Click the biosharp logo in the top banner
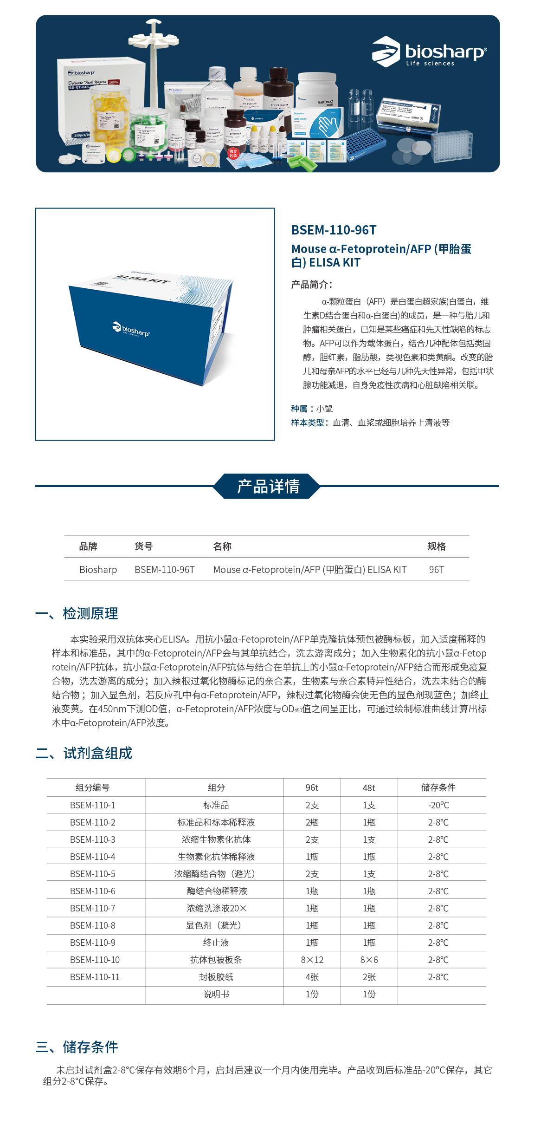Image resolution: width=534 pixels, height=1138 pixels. point(429,52)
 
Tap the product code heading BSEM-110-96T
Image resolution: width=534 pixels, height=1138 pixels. point(334,230)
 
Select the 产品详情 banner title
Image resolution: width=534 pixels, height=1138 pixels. point(268,486)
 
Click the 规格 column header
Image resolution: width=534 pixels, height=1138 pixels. point(436,546)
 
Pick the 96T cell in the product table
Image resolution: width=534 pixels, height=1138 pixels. point(436,570)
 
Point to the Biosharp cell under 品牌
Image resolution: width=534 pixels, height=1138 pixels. point(98,570)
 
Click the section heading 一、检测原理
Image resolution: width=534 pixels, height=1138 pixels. point(77,613)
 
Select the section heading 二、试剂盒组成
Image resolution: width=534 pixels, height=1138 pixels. point(84,753)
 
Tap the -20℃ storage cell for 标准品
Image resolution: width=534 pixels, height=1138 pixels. point(438,805)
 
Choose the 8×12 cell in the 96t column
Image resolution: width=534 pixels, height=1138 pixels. point(312,960)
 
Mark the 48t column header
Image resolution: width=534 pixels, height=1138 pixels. point(369,788)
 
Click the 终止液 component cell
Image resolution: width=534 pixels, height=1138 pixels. point(216,943)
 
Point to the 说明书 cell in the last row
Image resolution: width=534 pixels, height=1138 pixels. point(216,994)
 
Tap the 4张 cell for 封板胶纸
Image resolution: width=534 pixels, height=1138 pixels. point(312,977)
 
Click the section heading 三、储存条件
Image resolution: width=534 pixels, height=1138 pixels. point(77,1047)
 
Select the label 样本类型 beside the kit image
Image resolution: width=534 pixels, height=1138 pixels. point(308,423)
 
